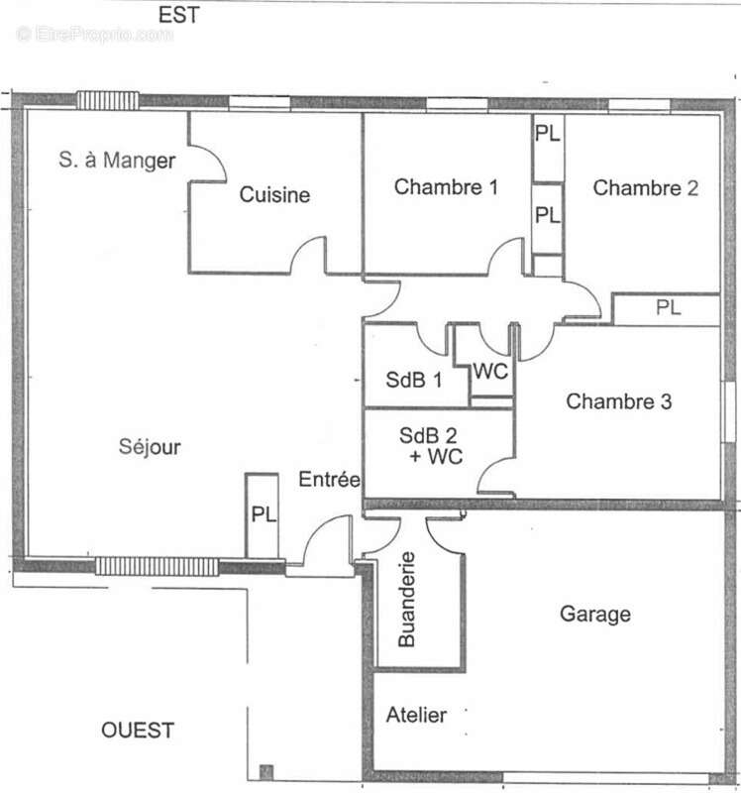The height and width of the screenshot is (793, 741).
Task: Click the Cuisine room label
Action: pyautogui.click(x=274, y=194)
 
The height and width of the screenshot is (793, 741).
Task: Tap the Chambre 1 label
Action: pyautogui.click(x=446, y=187)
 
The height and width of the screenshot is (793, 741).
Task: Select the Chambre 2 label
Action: pyautogui.click(x=646, y=188)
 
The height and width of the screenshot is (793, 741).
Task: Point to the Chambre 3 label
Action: pyautogui.click(x=619, y=401)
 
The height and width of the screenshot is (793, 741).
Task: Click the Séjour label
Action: pyautogui.click(x=150, y=447)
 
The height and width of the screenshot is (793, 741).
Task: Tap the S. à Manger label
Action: pyautogui.click(x=117, y=161)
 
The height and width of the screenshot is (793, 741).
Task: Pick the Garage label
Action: pyautogui.click(x=595, y=615)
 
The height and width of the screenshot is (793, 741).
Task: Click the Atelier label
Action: pyautogui.click(x=416, y=715)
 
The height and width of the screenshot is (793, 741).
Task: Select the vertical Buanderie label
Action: pyautogui.click(x=407, y=600)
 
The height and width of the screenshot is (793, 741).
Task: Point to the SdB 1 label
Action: pyautogui.click(x=413, y=380)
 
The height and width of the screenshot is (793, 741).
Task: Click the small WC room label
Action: pyautogui.click(x=490, y=372)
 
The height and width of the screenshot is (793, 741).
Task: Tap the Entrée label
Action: pyautogui.click(x=329, y=480)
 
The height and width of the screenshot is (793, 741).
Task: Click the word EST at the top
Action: pyautogui.click(x=179, y=15)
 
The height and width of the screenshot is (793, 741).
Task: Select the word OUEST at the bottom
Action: pyautogui.click(x=138, y=731)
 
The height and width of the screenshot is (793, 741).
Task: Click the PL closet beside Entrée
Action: pyautogui.click(x=262, y=515)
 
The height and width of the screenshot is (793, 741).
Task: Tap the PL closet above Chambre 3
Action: pyautogui.click(x=666, y=309)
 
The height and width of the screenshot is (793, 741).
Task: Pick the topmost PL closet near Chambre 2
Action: pyautogui.click(x=548, y=148)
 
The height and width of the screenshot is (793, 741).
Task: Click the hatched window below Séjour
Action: pyautogui.click(x=158, y=566)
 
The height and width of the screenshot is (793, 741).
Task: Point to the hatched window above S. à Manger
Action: pyautogui.click(x=108, y=101)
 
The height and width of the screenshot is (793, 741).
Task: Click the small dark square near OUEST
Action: pyautogui.click(x=266, y=772)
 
